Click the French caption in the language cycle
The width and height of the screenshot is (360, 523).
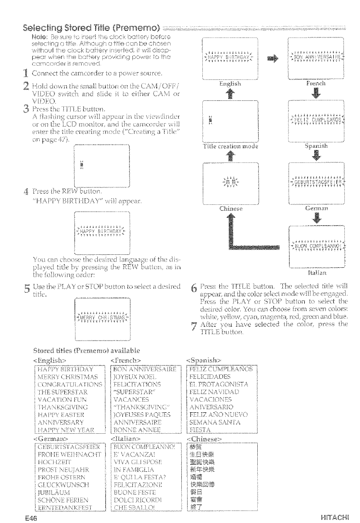pos(318,83)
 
